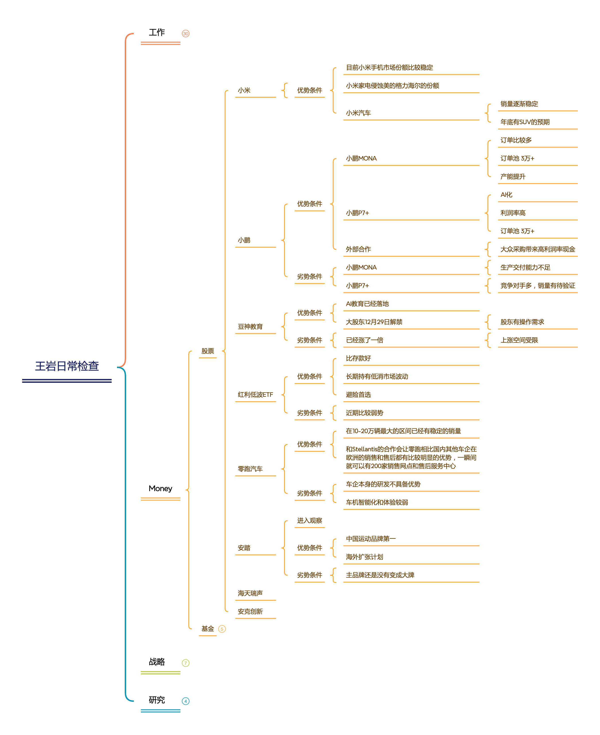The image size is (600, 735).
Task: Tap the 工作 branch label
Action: click(x=157, y=33)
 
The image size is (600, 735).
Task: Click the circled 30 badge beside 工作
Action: click(x=186, y=33)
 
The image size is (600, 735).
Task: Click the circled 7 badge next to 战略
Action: click(x=186, y=663)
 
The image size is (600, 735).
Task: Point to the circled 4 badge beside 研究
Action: click(x=186, y=701)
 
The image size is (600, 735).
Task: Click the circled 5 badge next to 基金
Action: click(x=222, y=629)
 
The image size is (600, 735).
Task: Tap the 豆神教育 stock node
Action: click(x=250, y=327)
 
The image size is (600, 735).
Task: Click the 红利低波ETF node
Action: click(x=255, y=395)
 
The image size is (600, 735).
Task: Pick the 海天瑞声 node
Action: click(x=250, y=593)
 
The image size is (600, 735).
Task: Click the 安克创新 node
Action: click(x=250, y=612)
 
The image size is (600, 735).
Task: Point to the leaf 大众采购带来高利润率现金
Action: click(x=538, y=249)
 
